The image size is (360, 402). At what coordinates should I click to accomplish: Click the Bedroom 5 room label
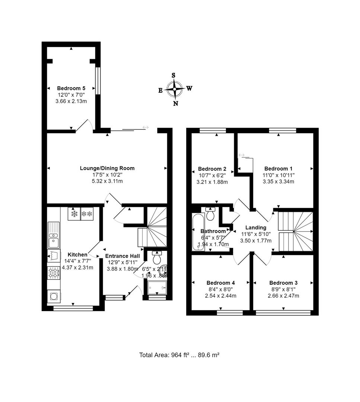(x=71, y=88)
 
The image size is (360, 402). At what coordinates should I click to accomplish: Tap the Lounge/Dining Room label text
(x=107, y=168)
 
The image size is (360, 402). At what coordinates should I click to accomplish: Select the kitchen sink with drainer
(x=54, y=235)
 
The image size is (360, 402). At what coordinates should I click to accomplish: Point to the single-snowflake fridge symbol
(x=74, y=214)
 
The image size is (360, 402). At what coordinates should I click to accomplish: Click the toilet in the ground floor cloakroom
(x=157, y=258)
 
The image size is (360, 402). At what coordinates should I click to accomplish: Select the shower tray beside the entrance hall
(x=157, y=288)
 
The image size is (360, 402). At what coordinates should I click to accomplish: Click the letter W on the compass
(x=189, y=89)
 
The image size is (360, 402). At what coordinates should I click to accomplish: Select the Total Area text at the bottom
(x=179, y=355)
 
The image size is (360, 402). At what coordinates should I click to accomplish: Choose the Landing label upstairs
(x=256, y=227)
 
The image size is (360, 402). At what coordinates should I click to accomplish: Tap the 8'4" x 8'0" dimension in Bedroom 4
(x=221, y=289)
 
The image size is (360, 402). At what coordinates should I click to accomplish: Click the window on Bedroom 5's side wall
(x=97, y=81)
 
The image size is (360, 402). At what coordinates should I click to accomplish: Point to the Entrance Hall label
(x=122, y=256)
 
